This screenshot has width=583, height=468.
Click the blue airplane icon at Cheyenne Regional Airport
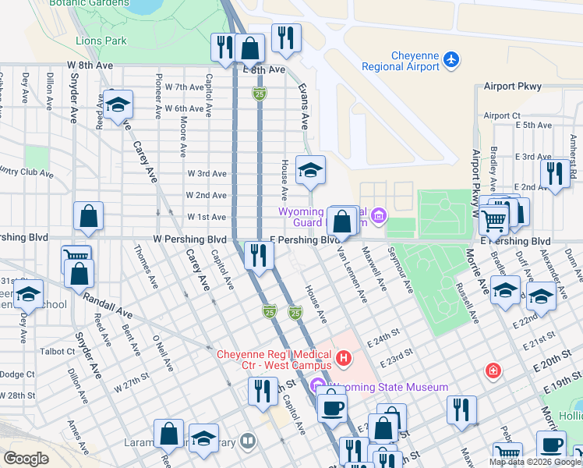pyautogui.click(x=450, y=58)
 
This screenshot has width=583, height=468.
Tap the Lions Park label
pyautogui.click(x=101, y=41)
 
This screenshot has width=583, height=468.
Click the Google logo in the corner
pyautogui.click(x=26, y=459)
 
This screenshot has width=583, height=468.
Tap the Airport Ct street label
pyautogui.click(x=502, y=115)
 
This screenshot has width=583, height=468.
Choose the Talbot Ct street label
pyautogui.click(x=57, y=351)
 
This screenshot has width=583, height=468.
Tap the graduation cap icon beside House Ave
pyautogui.click(x=310, y=172)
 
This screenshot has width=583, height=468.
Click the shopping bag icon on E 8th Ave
pyautogui.click(x=250, y=48)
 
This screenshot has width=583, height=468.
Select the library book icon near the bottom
pyautogui.click(x=248, y=442)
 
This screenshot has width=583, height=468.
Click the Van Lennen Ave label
pyautogui.click(x=351, y=273)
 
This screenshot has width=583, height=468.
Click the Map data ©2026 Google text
pyautogui.click(x=534, y=462)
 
